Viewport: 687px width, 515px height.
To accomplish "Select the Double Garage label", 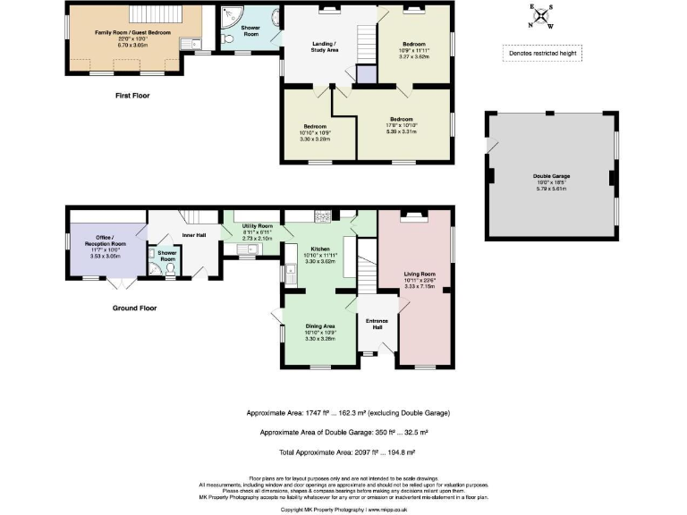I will tap(552, 180).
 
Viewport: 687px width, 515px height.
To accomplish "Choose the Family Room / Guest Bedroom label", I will tap(132, 31).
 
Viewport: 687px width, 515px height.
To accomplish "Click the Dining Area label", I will tap(319, 326).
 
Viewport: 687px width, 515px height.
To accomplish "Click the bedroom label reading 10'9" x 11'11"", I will tap(415, 43).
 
